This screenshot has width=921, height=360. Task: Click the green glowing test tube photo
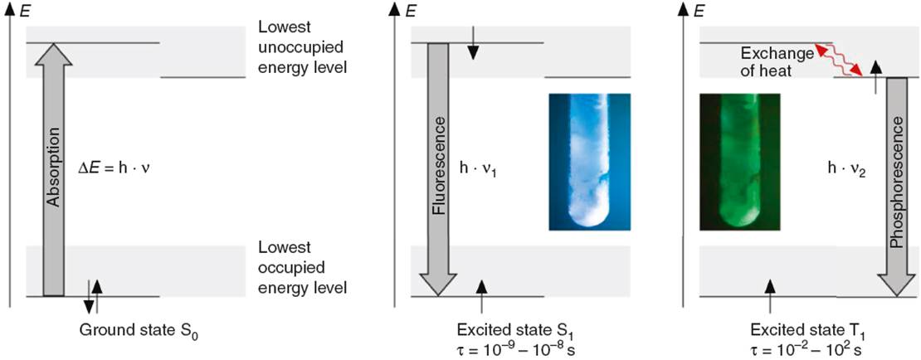tap(739, 162)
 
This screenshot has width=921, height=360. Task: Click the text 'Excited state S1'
tap(507, 330)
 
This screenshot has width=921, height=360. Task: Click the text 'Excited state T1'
tap(797, 330)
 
